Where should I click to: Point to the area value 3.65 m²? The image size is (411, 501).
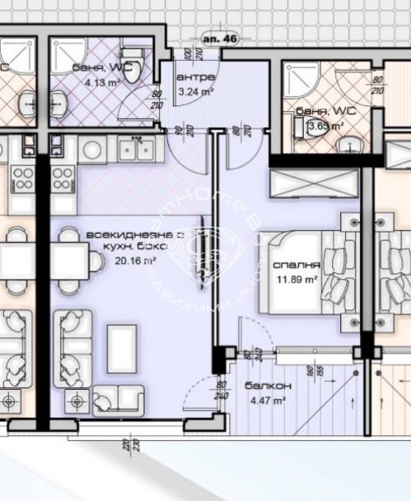tap(324, 126)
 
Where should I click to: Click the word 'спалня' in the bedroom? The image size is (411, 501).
tap(297, 266)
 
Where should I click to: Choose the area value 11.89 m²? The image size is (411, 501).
tap(297, 279)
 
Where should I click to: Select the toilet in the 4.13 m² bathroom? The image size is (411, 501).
tap(138, 65)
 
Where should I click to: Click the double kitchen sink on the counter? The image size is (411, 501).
tap(133, 150)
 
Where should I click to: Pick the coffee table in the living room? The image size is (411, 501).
tap(121, 346)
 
